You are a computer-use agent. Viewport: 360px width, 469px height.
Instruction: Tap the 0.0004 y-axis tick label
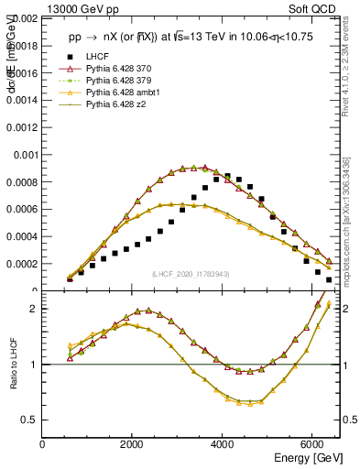click(22, 236)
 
